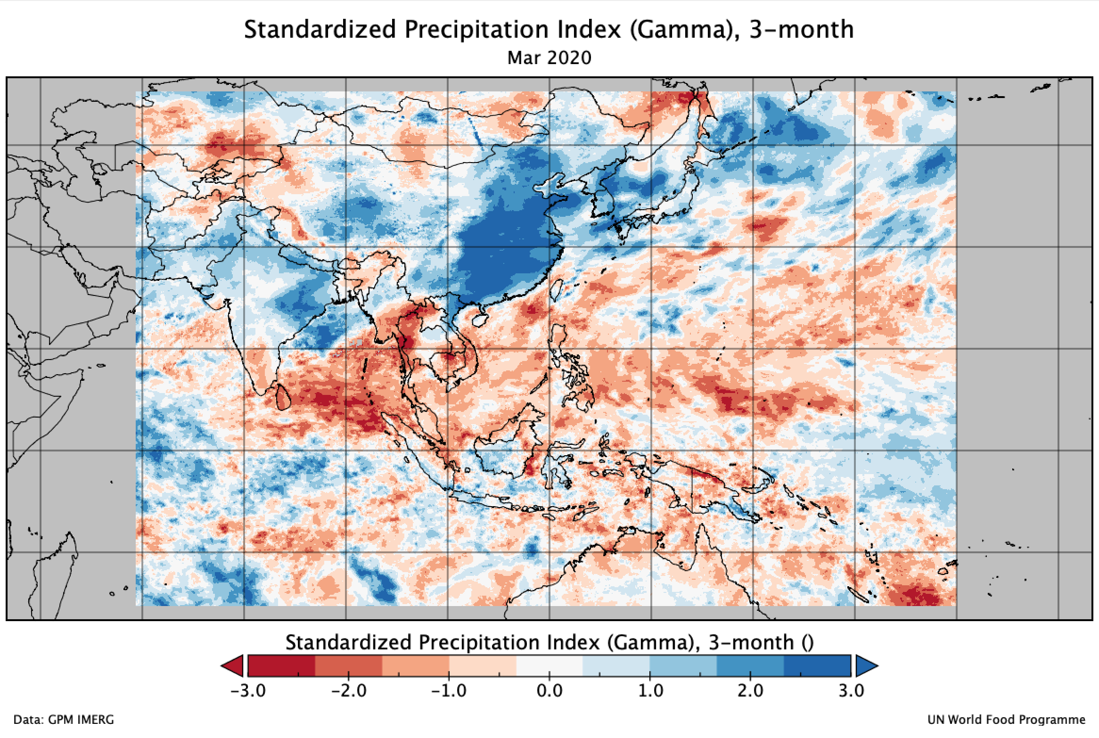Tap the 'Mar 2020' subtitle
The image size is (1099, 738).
pos(549,57)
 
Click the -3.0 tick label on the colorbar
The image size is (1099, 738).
pos(248,691)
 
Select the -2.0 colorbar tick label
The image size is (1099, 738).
pos(348,691)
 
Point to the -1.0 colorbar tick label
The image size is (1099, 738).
pos(449,691)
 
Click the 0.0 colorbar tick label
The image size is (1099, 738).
pos(549,691)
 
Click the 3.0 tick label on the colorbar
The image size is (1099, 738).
pos(851,691)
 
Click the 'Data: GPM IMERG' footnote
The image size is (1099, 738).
pos(64,720)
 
